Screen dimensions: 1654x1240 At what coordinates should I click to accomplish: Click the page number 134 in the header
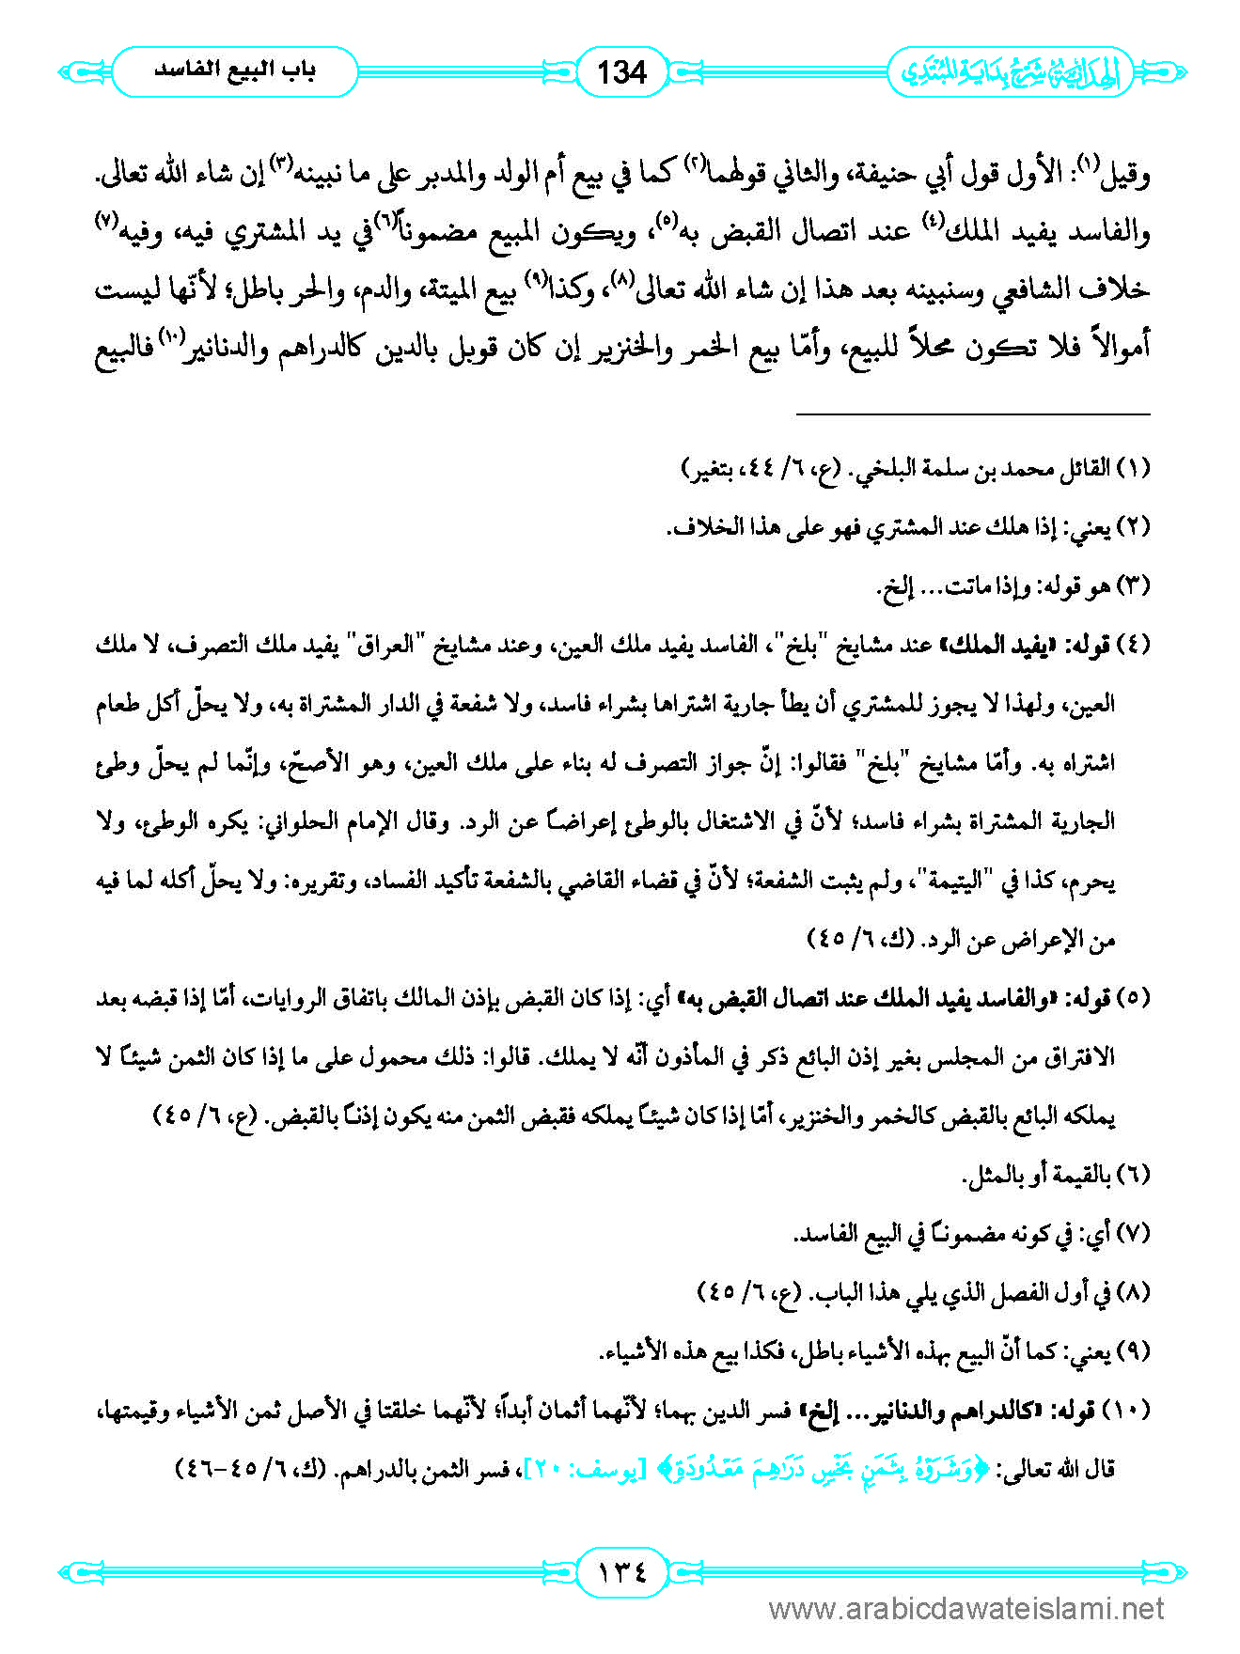pos(621,71)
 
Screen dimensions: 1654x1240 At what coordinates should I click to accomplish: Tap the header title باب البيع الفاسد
pos(235,71)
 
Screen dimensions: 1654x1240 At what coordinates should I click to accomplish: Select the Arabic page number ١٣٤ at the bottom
pos(621,1570)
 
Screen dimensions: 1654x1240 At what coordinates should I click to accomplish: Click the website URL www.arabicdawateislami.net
pos(966,1609)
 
